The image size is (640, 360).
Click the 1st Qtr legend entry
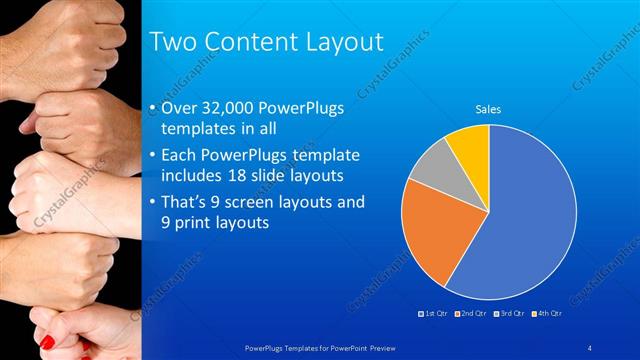pyautogui.click(x=433, y=315)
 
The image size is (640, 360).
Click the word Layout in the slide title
pyautogui.click(x=336, y=42)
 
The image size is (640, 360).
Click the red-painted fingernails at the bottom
pyautogui.click(x=47, y=343)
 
